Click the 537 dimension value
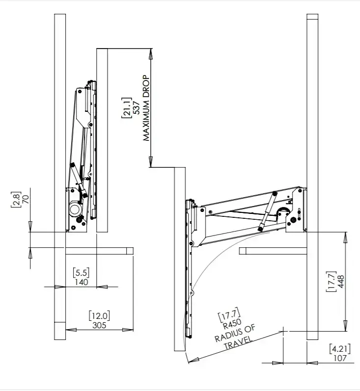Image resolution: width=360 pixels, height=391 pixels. (137, 108)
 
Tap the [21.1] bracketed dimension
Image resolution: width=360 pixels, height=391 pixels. (127, 108)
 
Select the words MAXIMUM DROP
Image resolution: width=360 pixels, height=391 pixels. (146, 108)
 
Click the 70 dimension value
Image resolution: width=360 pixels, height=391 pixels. (26, 199)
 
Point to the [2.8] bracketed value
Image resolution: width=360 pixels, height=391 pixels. (16, 199)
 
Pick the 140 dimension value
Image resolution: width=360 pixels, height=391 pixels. (82, 282)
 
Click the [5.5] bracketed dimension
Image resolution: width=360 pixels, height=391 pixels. (81, 273)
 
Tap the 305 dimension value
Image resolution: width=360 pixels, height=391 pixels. (99, 325)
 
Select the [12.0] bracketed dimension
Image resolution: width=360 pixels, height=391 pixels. (99, 315)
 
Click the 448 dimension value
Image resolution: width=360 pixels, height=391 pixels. (341, 282)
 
